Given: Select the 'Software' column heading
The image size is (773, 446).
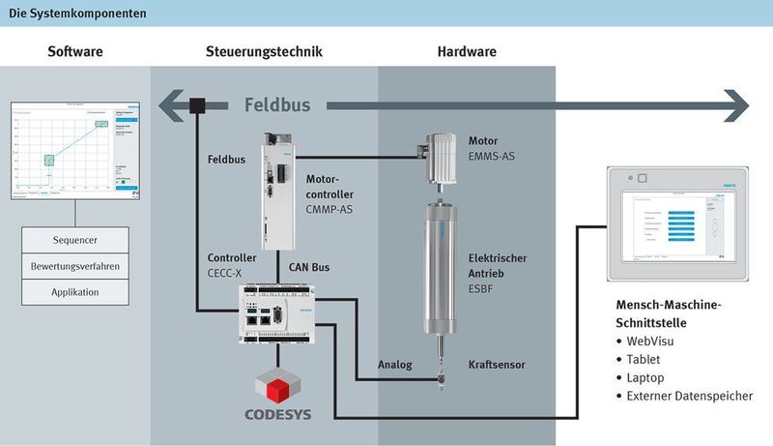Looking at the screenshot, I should (75, 51).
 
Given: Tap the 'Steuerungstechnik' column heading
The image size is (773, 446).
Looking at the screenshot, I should (264, 51).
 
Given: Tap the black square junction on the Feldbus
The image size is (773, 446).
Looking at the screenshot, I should (198, 104).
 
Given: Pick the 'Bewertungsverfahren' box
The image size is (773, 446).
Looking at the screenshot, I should (75, 266).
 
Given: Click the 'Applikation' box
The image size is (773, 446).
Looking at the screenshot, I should (75, 291).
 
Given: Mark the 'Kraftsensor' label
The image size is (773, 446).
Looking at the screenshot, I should (497, 365).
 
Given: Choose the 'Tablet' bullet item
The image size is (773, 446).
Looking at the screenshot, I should (644, 360).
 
